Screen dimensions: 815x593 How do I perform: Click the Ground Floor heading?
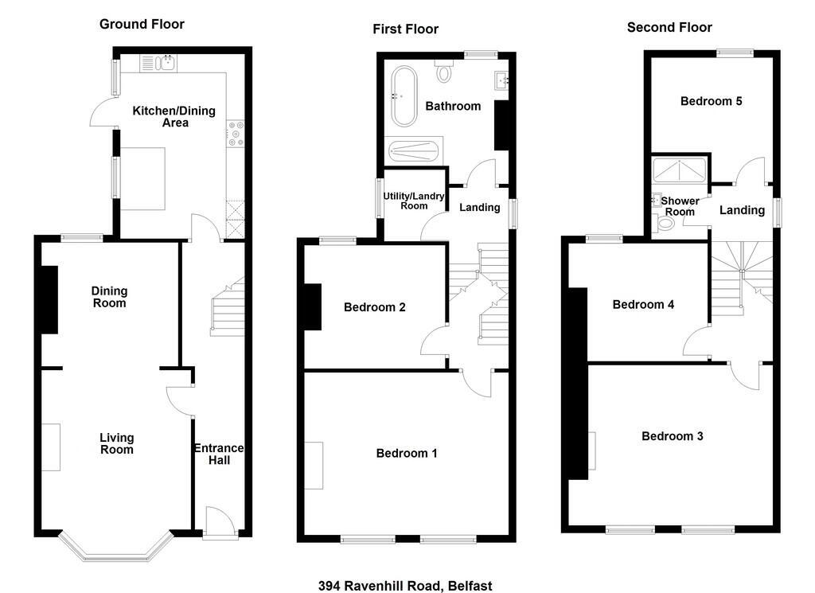coord(142,25)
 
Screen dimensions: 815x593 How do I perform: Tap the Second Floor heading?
coord(669,28)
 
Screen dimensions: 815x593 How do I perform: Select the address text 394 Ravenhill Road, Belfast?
coord(405,586)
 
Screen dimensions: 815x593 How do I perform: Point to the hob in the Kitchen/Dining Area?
coord(236,134)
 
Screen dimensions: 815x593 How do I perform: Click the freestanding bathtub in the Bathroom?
coord(404,96)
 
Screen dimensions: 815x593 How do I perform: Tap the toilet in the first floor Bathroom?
coord(443,71)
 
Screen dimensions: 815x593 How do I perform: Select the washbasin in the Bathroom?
coord(501,80)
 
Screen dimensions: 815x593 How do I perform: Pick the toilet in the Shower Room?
coord(663,224)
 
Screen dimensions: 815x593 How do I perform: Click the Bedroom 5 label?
coord(711,101)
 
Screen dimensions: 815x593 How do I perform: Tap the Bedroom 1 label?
coord(407,453)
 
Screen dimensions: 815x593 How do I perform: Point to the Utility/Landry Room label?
coord(414,201)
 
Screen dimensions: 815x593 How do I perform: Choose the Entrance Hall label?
coord(219,455)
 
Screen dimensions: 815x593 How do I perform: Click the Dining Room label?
coord(109,297)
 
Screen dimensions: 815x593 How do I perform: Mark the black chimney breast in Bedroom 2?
coord(312,306)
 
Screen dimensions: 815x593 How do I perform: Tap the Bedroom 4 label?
coord(643,305)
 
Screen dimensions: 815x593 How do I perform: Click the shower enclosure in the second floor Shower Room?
coord(679,170)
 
